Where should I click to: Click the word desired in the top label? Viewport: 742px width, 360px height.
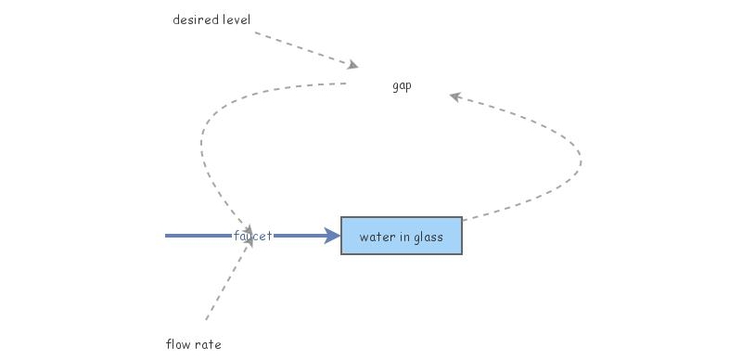[x=193, y=19]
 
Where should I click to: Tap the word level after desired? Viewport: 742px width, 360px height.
[x=232, y=19]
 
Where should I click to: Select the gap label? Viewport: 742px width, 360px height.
[x=402, y=86]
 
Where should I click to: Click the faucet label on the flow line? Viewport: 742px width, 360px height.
[x=252, y=237]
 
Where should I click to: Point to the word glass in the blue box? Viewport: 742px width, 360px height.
[x=427, y=237]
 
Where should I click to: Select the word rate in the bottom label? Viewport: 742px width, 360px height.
[x=209, y=344]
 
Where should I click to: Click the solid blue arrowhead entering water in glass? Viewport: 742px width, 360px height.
[x=333, y=236]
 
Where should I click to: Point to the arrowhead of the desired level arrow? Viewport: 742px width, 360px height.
[x=353, y=65]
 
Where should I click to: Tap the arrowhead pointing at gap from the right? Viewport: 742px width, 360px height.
[x=454, y=96]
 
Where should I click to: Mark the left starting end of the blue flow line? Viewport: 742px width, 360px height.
[x=167, y=236]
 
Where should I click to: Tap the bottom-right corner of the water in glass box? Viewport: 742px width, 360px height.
[x=461, y=253]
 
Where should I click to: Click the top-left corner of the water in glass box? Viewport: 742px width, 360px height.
[x=342, y=218]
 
